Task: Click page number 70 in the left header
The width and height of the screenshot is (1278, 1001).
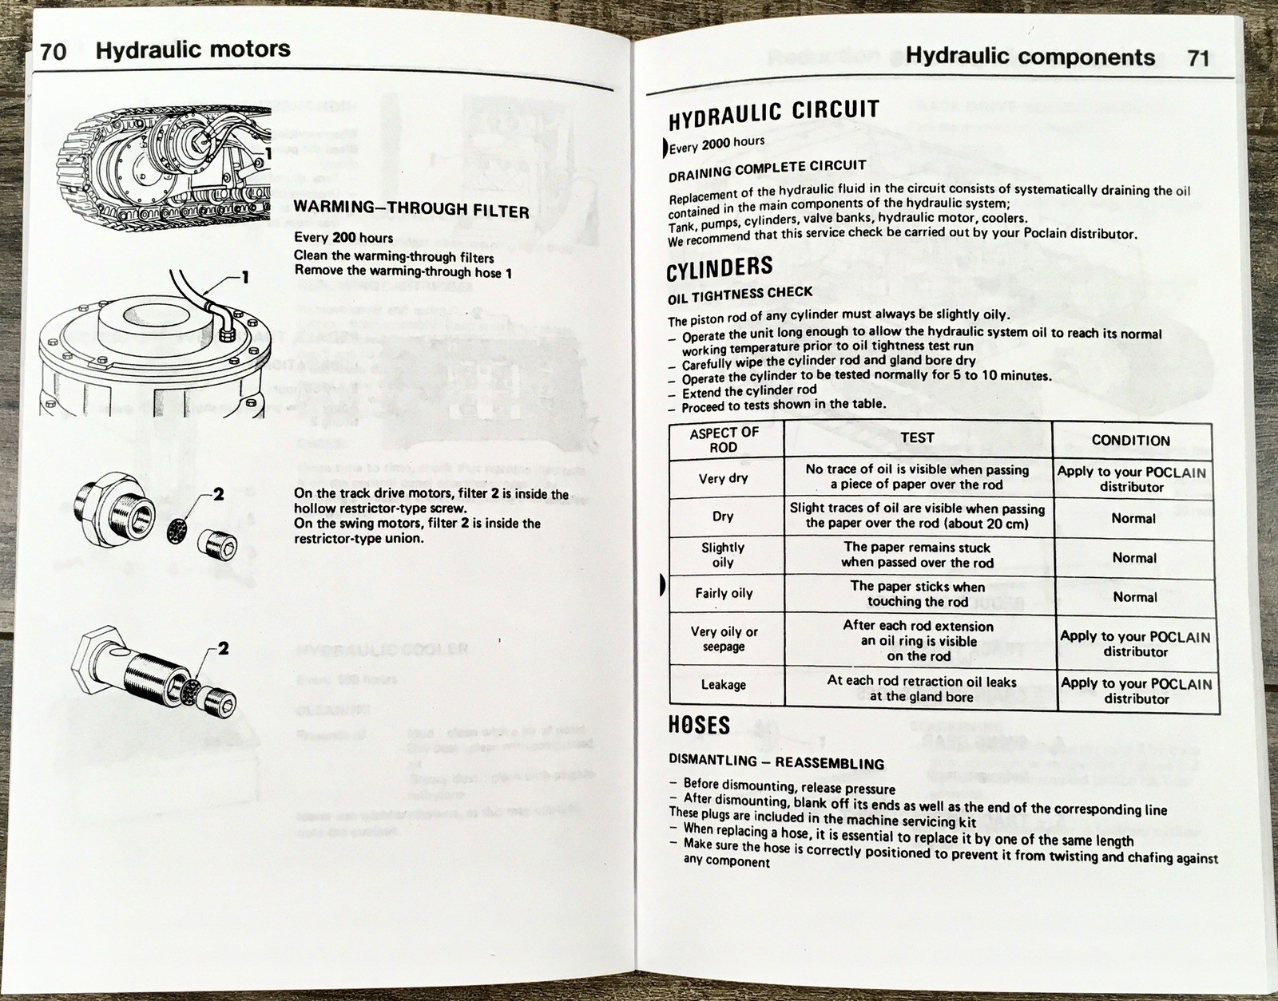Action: point(53,52)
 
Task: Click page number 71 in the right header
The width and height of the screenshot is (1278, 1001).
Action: point(1198,57)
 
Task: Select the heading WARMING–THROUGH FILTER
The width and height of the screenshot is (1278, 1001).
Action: point(411,210)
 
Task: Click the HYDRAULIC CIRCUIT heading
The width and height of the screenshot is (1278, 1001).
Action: point(773,114)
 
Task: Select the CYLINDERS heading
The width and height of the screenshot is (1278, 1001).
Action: point(719,268)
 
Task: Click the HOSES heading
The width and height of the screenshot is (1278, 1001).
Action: point(698,725)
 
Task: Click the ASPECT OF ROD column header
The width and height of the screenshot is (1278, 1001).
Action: point(724,439)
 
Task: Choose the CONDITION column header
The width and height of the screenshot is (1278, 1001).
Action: point(1130,440)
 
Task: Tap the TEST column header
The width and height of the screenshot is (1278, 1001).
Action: point(917,437)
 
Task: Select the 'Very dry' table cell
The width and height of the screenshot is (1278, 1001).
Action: point(723,478)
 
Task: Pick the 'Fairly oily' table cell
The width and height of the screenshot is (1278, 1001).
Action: point(724,593)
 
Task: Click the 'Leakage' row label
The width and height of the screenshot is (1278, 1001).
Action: point(724,685)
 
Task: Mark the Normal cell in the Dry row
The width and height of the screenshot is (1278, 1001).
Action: point(1133,518)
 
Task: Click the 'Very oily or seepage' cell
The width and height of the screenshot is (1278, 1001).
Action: point(724,639)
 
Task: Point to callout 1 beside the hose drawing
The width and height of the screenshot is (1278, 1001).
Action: point(244,278)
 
